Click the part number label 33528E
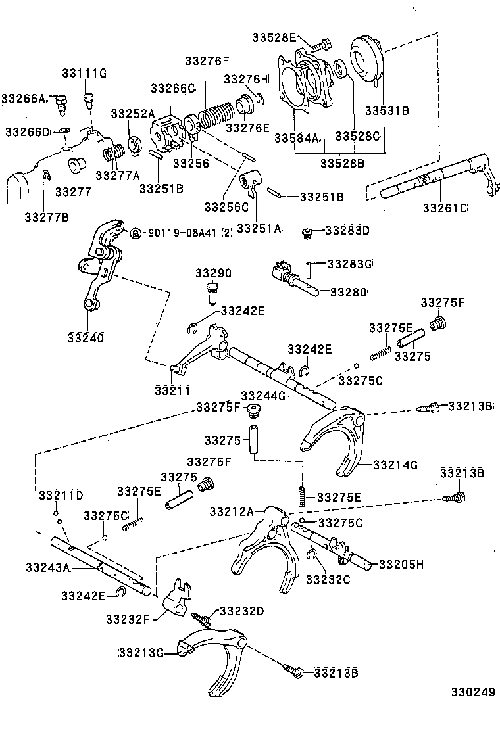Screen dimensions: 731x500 coord(274,38)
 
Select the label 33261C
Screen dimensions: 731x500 coord(445,208)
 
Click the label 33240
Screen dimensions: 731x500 coord(86,338)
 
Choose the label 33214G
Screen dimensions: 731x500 coord(395,465)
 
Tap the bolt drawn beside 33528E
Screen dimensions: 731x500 coord(320,46)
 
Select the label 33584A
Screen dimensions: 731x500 coord(296,137)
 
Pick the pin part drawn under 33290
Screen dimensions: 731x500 coord(212,293)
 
